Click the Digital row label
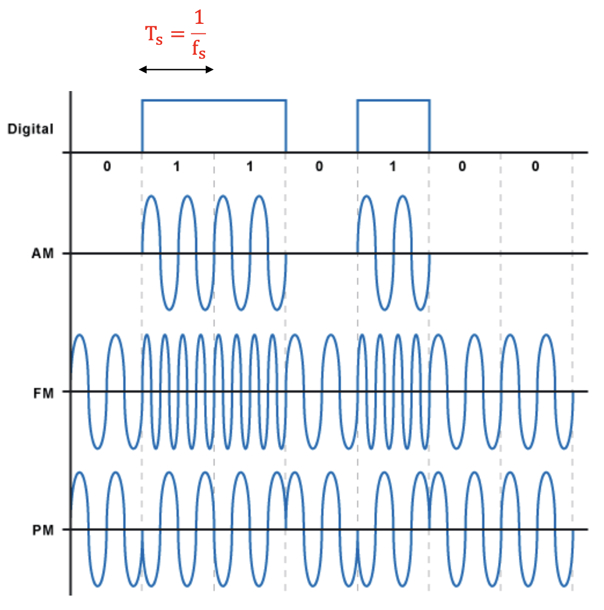[30, 129]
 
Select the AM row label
[43, 254]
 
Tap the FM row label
[43, 394]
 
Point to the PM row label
[43, 530]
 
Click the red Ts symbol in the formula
[154, 35]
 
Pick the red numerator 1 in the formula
[199, 18]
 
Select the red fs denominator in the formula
[199, 49]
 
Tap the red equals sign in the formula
[178, 34]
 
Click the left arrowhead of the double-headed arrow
[142, 70]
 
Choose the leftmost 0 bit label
[107, 166]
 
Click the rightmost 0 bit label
[535, 166]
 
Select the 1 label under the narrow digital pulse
[393, 166]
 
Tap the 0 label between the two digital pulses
[319, 166]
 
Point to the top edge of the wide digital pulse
[214, 101]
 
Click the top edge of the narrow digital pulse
[394, 101]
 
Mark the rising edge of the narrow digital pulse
[358, 126]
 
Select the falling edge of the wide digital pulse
[286, 126]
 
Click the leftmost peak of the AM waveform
[152, 197]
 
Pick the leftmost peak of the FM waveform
[79, 335]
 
